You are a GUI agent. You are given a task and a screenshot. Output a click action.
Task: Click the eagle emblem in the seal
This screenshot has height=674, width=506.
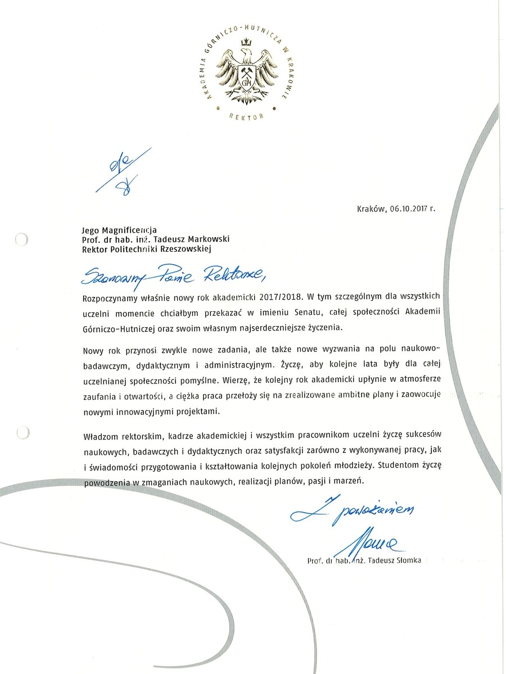coord(245,70)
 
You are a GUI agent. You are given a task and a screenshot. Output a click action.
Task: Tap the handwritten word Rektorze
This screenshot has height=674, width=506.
coord(231,273)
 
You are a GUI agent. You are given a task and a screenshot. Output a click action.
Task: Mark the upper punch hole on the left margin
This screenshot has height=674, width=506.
coord(21,241)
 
